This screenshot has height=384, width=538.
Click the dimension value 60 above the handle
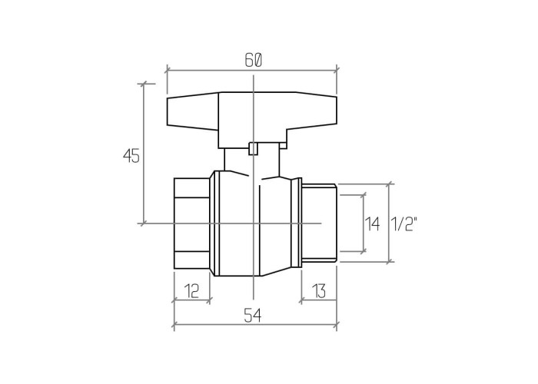click(254, 61)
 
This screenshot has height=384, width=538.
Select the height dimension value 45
click(131, 156)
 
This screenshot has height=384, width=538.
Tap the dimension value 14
click(372, 224)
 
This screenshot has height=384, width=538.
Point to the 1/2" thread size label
click(403, 224)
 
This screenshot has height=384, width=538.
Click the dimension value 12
click(192, 291)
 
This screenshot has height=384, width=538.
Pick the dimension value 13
click(319, 291)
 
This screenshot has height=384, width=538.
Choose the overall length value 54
click(253, 316)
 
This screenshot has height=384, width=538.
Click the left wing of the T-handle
click(193, 111)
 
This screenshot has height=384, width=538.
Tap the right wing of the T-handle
click(312, 111)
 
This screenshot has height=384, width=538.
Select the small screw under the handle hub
click(253, 149)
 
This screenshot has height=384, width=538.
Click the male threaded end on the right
click(319, 223)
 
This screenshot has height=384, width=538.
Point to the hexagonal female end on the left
click(192, 223)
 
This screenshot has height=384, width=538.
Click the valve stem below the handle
click(252, 162)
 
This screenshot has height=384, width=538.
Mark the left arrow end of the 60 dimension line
click(167, 71)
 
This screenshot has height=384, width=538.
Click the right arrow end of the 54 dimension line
click(337, 324)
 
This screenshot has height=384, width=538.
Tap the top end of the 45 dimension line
click(144, 83)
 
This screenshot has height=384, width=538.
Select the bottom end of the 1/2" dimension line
click(389, 262)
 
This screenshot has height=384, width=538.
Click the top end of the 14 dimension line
click(363, 195)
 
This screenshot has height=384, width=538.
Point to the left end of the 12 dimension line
click(174, 300)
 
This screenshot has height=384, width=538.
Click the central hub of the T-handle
click(253, 120)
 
